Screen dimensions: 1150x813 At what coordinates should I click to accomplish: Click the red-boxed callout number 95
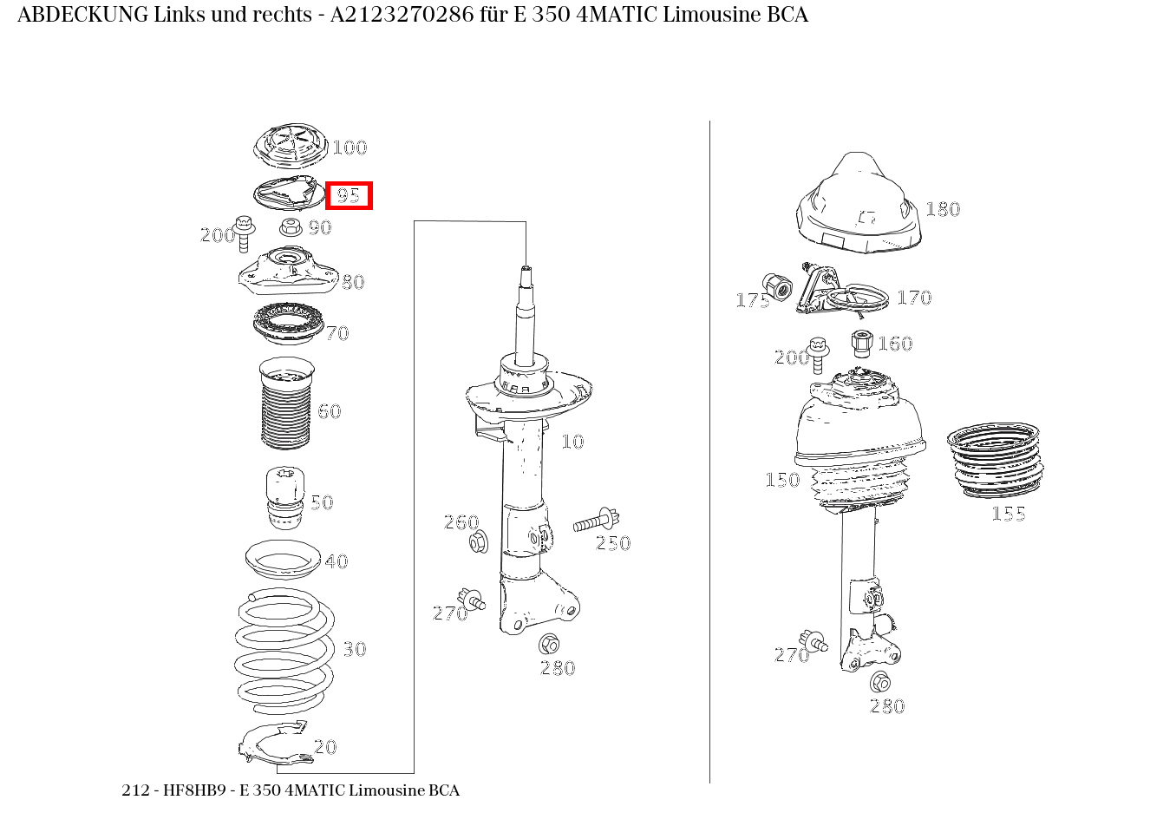pyautogui.click(x=349, y=196)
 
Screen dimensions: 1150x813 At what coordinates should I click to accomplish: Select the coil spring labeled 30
pyautogui.click(x=284, y=652)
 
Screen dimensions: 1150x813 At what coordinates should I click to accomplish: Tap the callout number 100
pyautogui.click(x=350, y=148)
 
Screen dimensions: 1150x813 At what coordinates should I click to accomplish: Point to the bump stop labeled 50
pyautogui.click(x=285, y=498)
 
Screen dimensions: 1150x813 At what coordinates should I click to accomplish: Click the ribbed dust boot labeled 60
pyautogui.click(x=286, y=403)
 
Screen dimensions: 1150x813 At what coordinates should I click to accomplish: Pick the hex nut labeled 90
pyautogui.click(x=291, y=226)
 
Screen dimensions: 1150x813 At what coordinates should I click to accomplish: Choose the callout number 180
pyautogui.click(x=943, y=210)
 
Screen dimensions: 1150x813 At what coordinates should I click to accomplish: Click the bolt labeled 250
pyautogui.click(x=596, y=520)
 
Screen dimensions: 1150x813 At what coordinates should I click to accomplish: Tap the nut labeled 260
pyautogui.click(x=479, y=541)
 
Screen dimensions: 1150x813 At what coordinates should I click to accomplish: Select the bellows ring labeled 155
pyautogui.click(x=995, y=461)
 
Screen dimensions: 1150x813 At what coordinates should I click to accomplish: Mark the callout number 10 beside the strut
pyautogui.click(x=572, y=442)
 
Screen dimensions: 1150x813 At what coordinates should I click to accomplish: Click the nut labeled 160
pyautogui.click(x=862, y=344)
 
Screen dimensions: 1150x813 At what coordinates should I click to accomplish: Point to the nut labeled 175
pyautogui.click(x=777, y=287)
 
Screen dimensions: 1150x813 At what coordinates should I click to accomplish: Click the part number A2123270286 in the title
pyautogui.click(x=402, y=15)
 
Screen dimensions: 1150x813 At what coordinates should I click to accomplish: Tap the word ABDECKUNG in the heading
pyautogui.click(x=83, y=15)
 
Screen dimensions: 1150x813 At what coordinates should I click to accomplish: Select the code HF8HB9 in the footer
pyautogui.click(x=194, y=790)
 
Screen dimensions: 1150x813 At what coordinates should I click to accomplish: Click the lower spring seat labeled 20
pyautogui.click(x=276, y=743)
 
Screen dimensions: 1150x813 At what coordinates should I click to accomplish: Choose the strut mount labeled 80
pyautogui.click(x=289, y=272)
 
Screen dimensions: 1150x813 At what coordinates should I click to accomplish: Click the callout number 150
pyautogui.click(x=782, y=480)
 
